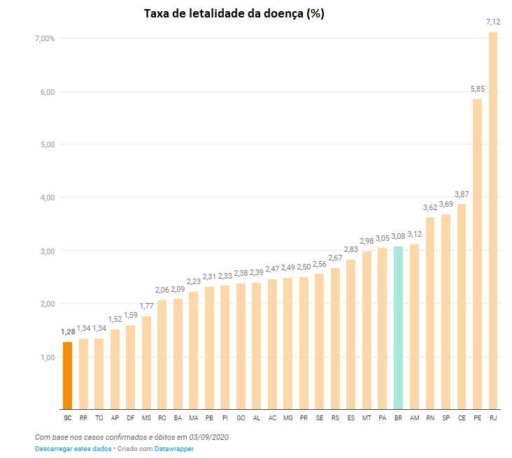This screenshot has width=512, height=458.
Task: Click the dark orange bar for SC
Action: click(x=67, y=376)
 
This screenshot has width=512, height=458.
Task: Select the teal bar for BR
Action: click(x=398, y=328)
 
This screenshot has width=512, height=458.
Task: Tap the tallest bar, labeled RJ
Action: click(x=493, y=221)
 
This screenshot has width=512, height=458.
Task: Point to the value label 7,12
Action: click(x=493, y=22)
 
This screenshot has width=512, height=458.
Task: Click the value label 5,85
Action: click(x=477, y=89)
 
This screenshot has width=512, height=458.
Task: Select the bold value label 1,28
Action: click(x=67, y=332)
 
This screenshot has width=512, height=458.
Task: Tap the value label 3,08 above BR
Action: click(x=398, y=237)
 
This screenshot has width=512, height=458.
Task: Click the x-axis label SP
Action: click(x=446, y=418)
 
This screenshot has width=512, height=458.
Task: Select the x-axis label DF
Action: click(x=130, y=418)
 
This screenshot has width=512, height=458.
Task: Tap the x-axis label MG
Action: click(x=288, y=418)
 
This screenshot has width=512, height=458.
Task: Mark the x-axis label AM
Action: click(x=414, y=418)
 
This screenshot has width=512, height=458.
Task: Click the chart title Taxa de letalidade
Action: click(x=234, y=13)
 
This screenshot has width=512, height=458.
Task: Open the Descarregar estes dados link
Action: click(x=73, y=449)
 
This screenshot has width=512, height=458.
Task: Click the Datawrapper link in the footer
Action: click(x=174, y=449)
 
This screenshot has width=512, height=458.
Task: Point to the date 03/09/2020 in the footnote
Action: click(x=209, y=437)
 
